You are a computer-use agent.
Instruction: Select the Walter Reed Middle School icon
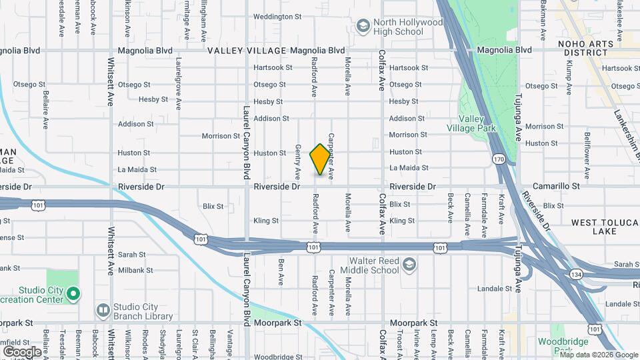[x=409, y=266]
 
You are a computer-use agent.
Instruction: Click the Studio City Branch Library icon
[x=103, y=311]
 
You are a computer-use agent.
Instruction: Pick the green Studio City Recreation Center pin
[x=74, y=294]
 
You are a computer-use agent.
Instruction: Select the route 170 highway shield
[x=499, y=159]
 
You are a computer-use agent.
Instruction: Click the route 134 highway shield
[x=575, y=274]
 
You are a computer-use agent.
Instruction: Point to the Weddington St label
[x=277, y=16]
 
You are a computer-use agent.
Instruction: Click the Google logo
[x=22, y=351]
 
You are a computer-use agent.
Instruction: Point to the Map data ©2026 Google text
[x=599, y=355]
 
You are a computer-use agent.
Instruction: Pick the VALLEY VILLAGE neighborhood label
[x=247, y=51]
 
